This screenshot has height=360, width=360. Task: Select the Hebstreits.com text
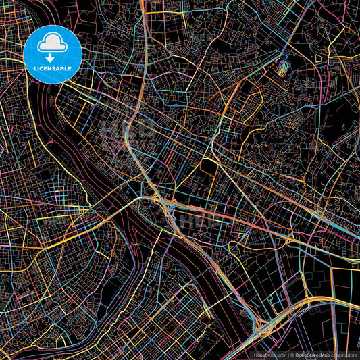(x=268, y=354)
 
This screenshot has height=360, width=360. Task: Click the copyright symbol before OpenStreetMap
(x=292, y=354)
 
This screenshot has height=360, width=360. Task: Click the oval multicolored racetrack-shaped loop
(x=281, y=68)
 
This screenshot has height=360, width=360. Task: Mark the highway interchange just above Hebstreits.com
(x=261, y=326)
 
